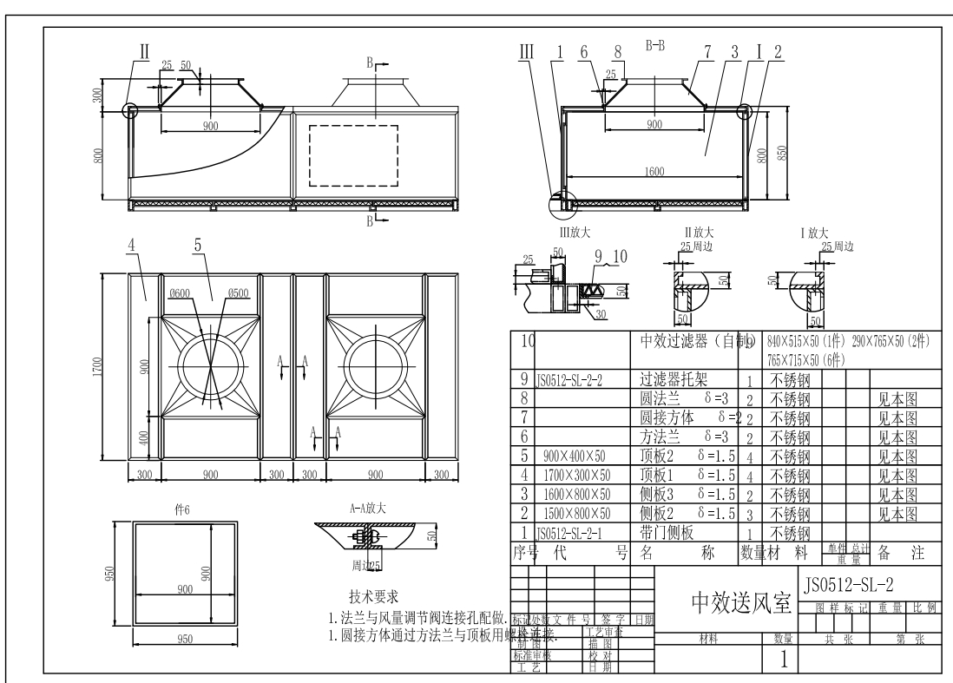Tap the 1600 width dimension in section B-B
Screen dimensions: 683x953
click(654, 172)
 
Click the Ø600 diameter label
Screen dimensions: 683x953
click(181, 293)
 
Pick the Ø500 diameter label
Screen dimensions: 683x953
click(239, 293)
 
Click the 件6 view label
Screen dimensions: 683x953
click(182, 511)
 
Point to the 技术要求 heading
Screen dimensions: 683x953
click(373, 597)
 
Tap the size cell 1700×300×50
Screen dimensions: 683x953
click(576, 475)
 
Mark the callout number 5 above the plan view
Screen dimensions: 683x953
click(198, 246)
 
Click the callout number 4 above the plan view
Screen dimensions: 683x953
click(132, 246)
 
